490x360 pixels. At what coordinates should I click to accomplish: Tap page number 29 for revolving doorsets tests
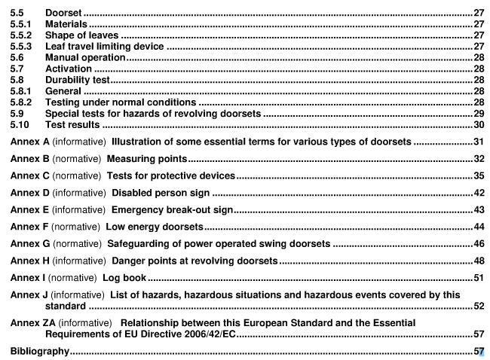click(x=478, y=113)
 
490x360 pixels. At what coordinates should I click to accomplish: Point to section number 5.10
click(x=20, y=124)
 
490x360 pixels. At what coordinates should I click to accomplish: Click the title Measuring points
click(x=146, y=159)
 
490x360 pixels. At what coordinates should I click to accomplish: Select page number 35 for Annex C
click(x=478, y=176)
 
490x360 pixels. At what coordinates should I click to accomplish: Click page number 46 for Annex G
click(x=478, y=244)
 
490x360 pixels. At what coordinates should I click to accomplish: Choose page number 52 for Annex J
click(x=478, y=307)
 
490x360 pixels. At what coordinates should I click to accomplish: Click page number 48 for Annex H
click(x=478, y=261)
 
